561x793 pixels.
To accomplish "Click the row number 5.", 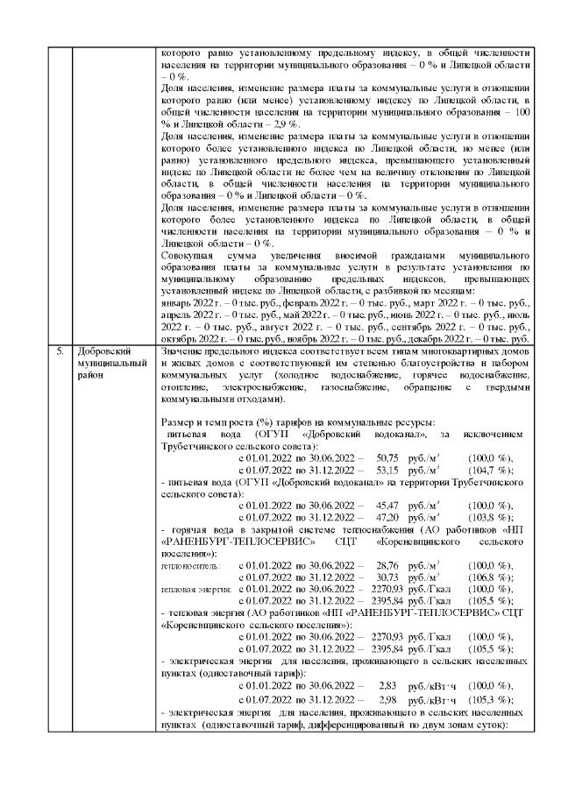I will (60, 350).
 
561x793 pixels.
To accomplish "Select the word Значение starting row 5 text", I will (186, 350).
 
